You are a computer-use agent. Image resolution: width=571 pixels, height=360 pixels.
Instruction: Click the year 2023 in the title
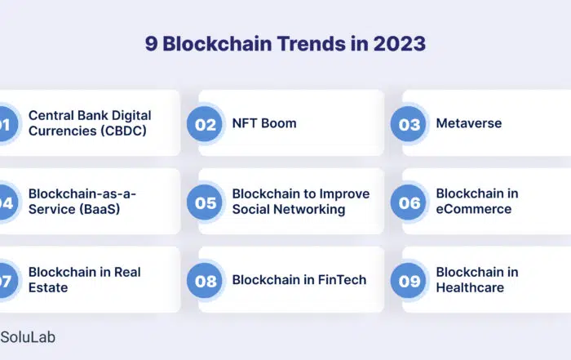pyautogui.click(x=399, y=44)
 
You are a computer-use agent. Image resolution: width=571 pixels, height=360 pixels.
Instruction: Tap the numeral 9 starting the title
pyautogui.click(x=151, y=44)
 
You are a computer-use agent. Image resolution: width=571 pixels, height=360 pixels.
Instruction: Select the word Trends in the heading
pyautogui.click(x=312, y=44)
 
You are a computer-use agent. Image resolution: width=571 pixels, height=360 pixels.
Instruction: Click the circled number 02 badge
pyautogui.click(x=205, y=124)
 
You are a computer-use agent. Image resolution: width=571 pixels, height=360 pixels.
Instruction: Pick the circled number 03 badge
pyautogui.click(x=408, y=124)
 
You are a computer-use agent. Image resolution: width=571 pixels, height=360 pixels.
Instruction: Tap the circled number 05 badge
pyautogui.click(x=205, y=202)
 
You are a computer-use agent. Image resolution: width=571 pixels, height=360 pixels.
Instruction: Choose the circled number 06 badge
pyautogui.click(x=408, y=202)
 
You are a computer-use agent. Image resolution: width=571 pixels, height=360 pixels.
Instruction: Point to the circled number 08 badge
pyautogui.click(x=205, y=281)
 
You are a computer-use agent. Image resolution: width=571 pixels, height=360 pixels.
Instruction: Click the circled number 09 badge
pyautogui.click(x=408, y=281)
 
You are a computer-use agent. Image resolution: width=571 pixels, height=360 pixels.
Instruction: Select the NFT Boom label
pyautogui.click(x=264, y=123)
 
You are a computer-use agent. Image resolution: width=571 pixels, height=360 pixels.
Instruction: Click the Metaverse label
pyautogui.click(x=469, y=123)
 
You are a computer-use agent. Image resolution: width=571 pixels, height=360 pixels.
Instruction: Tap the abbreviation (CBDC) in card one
pyautogui.click(x=123, y=131)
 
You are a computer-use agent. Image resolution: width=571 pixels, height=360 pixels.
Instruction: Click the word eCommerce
pyautogui.click(x=474, y=209)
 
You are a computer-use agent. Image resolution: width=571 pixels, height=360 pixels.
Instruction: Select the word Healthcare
pyautogui.click(x=470, y=287)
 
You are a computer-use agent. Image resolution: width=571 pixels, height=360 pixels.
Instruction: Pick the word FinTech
pyautogui.click(x=342, y=280)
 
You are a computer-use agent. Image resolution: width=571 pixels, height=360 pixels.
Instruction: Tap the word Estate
pyautogui.click(x=48, y=287)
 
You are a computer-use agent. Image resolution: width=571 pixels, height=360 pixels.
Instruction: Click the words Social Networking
pyautogui.click(x=289, y=209)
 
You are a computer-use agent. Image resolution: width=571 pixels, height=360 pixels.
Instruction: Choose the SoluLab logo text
pyautogui.click(x=28, y=337)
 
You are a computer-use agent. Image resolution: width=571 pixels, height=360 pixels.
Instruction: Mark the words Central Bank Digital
pyautogui.click(x=90, y=115)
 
